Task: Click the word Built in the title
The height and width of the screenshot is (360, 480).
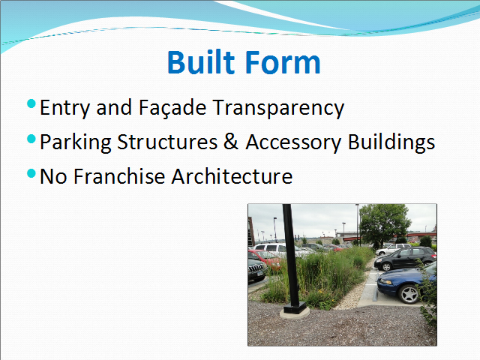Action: click(201, 62)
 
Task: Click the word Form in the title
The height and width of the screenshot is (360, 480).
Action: click(283, 62)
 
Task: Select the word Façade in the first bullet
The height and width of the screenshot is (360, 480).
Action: click(172, 108)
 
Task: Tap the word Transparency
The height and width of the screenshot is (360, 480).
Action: click(278, 109)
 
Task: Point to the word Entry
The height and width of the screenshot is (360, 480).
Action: click(65, 109)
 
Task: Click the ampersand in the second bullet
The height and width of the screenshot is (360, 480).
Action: click(231, 142)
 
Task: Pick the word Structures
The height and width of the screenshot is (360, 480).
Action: click(167, 142)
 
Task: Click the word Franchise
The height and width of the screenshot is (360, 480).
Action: click(119, 176)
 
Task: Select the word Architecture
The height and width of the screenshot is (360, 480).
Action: click(232, 176)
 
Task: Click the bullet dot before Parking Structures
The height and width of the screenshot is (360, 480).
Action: click(31, 139)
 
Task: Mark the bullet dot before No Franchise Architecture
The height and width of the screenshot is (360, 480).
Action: click(31, 173)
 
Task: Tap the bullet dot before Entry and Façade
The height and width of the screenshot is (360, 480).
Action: click(31, 103)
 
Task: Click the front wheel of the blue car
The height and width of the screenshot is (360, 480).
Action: click(410, 295)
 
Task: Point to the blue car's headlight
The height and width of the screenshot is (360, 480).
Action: click(386, 281)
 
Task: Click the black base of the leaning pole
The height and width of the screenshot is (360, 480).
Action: click(295, 307)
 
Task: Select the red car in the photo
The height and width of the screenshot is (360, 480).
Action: click(264, 258)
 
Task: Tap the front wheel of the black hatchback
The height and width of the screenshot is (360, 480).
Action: click(386, 267)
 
